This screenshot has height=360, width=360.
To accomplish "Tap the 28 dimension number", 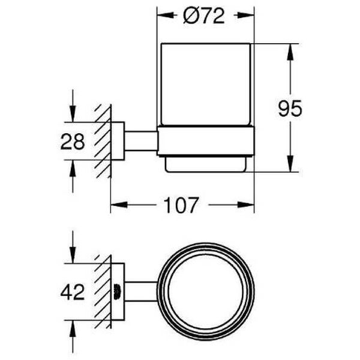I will click(x=73, y=142).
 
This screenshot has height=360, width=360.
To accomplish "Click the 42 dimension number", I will click(x=73, y=292).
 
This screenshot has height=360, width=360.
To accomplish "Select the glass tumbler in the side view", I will click(x=205, y=84).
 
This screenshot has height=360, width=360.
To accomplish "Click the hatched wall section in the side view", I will click(x=103, y=142).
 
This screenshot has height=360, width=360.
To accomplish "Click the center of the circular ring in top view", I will click(x=205, y=292).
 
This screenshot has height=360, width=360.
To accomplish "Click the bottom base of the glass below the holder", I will click(x=205, y=164).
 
